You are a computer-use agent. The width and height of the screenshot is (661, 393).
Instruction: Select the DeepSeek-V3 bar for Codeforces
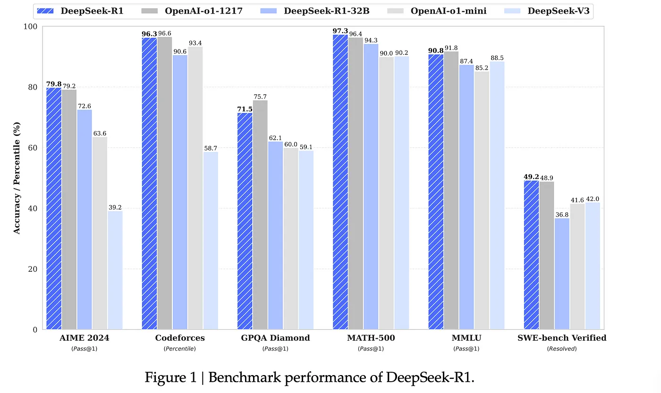tap(211, 241)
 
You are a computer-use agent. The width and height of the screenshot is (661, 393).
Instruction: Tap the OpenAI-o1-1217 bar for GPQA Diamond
tap(260, 215)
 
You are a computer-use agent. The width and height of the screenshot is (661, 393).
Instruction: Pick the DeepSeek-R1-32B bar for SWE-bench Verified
tap(562, 274)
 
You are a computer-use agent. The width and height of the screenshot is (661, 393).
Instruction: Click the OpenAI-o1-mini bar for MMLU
tap(482, 201)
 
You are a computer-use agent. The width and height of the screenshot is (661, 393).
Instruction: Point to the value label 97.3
tap(340, 31)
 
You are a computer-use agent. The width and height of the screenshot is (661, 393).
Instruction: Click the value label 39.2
tap(115, 207)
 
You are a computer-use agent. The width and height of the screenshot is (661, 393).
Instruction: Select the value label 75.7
tap(260, 96)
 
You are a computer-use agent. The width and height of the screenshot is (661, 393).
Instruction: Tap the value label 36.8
tap(562, 214)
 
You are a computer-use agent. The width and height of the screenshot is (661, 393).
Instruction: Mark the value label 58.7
tap(211, 148)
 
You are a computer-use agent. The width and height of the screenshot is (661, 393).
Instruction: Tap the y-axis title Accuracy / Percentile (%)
tap(17, 178)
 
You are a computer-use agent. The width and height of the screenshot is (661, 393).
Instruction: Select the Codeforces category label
tap(180, 338)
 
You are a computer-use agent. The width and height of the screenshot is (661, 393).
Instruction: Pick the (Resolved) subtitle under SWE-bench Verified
tap(562, 349)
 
